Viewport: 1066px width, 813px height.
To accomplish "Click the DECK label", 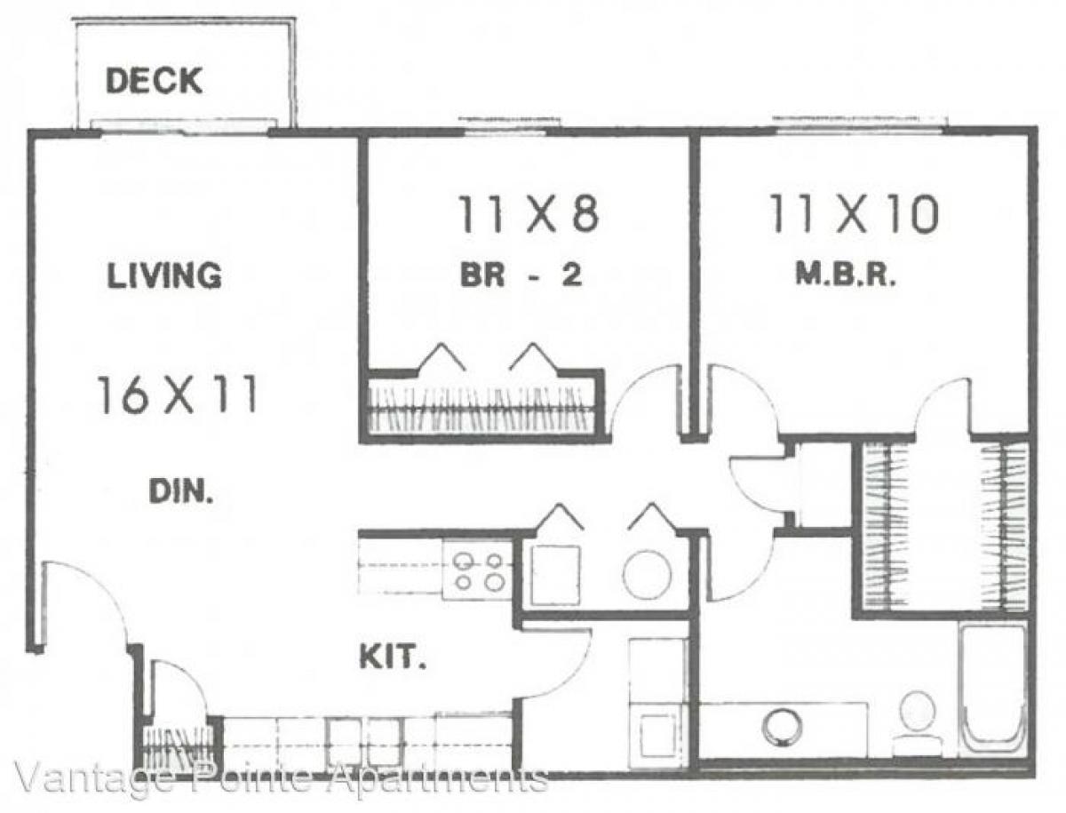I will [154, 81].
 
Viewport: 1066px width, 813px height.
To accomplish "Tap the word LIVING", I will [164, 275].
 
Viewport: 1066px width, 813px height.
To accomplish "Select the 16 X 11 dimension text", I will [177, 395].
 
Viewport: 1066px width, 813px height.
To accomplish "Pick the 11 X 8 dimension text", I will [529, 215].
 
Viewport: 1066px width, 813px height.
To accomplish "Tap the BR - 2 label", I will [521, 276].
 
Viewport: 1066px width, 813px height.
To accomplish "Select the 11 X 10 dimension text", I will [854, 215].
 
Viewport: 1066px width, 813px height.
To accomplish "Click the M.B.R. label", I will [843, 276].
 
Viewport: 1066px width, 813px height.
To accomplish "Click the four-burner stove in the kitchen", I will [478, 570].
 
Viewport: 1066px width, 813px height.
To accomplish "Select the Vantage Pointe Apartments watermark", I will [280, 779].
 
